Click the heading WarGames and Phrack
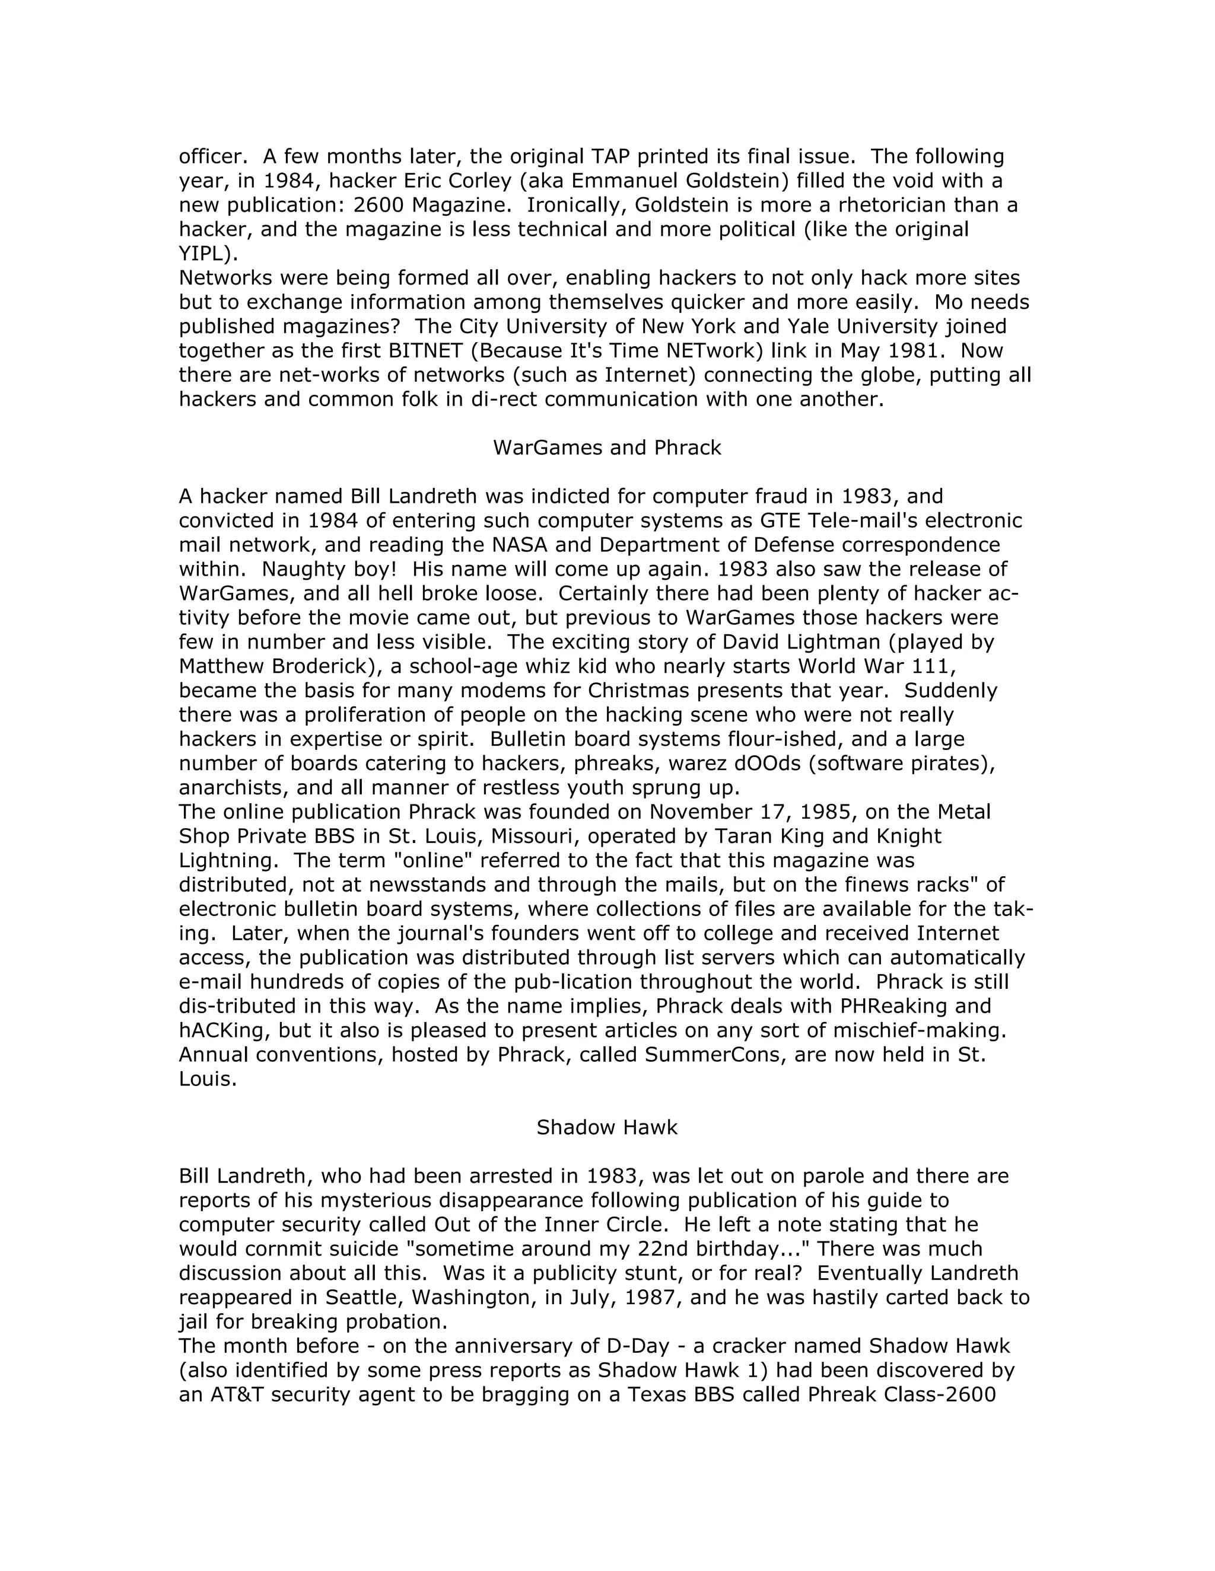pos(607,448)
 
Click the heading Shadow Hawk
pos(607,1127)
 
